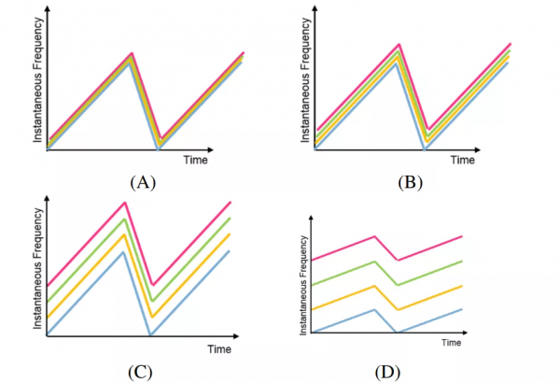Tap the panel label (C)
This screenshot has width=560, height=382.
tap(141, 371)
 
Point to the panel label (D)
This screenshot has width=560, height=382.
tap(387, 371)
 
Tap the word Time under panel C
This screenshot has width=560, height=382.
tap(218, 348)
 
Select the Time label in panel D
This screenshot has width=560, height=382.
tap(452, 343)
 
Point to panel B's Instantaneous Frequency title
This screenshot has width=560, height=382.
tap(306, 82)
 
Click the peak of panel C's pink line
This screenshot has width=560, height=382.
tap(124, 202)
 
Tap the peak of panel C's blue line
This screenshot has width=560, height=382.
tap(124, 252)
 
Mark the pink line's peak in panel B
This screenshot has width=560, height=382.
tap(399, 44)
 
